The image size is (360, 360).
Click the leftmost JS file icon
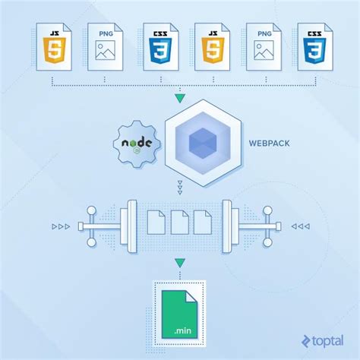pyautogui.click(x=54, y=46)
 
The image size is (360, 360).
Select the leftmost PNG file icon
pyautogui.click(x=106, y=46)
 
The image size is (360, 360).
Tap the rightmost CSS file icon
pyautogui.click(x=313, y=46)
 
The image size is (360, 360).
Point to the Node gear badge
pyautogui.click(x=137, y=142)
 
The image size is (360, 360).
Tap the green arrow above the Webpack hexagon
pyautogui.click(x=179, y=99)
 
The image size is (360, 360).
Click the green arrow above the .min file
pyautogui.click(x=179, y=264)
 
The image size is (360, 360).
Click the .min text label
pyautogui.click(x=181, y=330)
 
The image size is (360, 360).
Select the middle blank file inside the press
pyautogui.click(x=179, y=222)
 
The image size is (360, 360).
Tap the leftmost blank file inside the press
pyautogui.click(x=156, y=222)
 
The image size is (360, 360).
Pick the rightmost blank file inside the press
pyautogui.click(x=203, y=222)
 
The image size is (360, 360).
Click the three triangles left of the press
pyautogui.click(x=62, y=226)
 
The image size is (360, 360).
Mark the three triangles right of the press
pyautogui.click(x=298, y=226)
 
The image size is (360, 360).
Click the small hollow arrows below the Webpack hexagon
pyautogui.click(x=179, y=188)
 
